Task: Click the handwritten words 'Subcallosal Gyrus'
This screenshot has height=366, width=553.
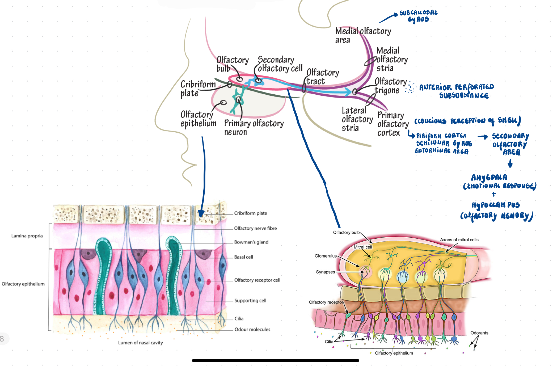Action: [x=418, y=16]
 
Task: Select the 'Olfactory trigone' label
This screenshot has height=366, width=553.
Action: [x=390, y=86]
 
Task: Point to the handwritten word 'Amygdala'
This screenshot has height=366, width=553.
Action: [x=489, y=177]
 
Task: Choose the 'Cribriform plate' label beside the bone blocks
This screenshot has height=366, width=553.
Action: [x=250, y=213]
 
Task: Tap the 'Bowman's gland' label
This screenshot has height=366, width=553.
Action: [x=251, y=242]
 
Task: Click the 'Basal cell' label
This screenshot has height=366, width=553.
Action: [x=243, y=257]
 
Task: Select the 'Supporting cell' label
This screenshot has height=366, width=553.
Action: [x=250, y=301]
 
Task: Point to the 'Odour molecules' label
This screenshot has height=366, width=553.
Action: [x=252, y=330]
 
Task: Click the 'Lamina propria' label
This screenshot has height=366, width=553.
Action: [x=27, y=236]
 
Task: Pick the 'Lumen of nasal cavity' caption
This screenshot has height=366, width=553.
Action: [x=140, y=343]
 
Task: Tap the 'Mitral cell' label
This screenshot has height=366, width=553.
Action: [x=362, y=247]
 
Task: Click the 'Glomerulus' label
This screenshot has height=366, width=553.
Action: [x=326, y=256]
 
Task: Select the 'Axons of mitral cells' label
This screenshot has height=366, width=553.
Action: [x=459, y=240]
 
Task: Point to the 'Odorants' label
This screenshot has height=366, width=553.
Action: [x=479, y=333]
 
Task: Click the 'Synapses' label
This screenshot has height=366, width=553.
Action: [x=325, y=272]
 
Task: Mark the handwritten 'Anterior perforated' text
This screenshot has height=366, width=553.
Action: [x=456, y=87]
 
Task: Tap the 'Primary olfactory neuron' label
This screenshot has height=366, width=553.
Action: [x=254, y=127]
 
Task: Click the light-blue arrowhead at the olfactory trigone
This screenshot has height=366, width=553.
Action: [x=348, y=92]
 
